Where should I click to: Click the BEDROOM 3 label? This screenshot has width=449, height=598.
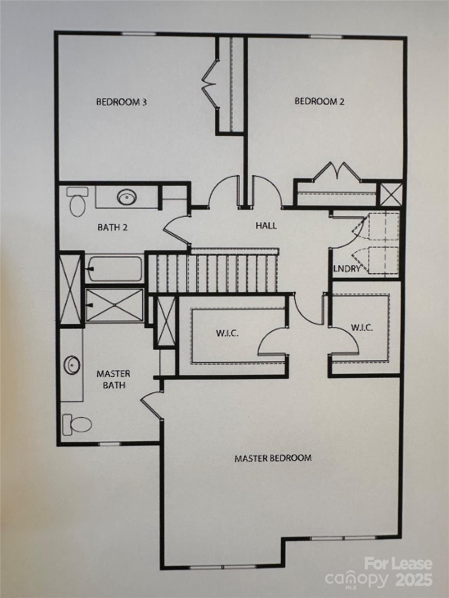point(122,102)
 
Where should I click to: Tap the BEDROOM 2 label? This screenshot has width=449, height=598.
point(319,101)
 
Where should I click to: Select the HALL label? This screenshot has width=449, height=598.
point(266,225)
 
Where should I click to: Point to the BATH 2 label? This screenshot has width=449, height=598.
point(113,227)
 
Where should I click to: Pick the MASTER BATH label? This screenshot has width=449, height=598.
point(113,379)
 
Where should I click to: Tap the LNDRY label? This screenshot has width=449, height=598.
point(346,269)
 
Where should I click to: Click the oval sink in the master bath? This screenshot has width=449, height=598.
point(72,364)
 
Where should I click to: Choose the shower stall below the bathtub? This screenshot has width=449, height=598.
point(114,305)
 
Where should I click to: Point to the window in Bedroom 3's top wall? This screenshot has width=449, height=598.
point(138,34)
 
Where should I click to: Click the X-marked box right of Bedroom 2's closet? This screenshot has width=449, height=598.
point(391,194)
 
